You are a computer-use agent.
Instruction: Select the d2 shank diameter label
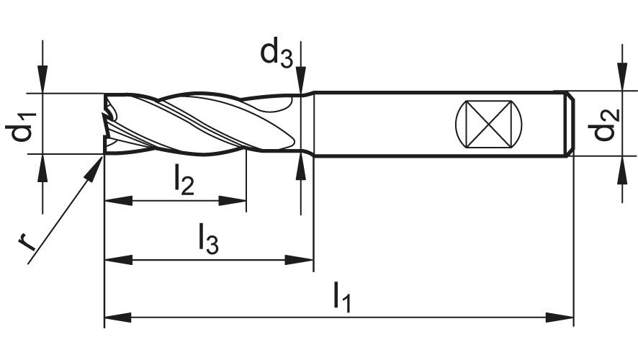point(605,124)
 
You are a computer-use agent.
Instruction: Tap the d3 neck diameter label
point(277,52)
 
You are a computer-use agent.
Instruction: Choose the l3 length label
point(208,238)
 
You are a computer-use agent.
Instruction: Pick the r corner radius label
point(27,242)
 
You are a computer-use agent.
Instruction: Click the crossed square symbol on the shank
point(488,124)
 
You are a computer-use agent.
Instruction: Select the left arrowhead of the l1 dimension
point(118,318)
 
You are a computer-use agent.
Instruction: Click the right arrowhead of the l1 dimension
point(560,318)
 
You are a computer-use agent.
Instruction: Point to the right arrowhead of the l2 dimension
point(233,201)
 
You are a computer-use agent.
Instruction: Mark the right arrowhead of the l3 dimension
point(299,260)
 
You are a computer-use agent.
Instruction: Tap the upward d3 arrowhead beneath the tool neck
point(301,166)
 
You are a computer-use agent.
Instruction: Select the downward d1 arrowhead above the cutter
point(42,80)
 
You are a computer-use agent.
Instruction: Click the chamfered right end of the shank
point(570,124)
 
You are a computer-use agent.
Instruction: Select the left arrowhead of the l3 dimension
point(118,260)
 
